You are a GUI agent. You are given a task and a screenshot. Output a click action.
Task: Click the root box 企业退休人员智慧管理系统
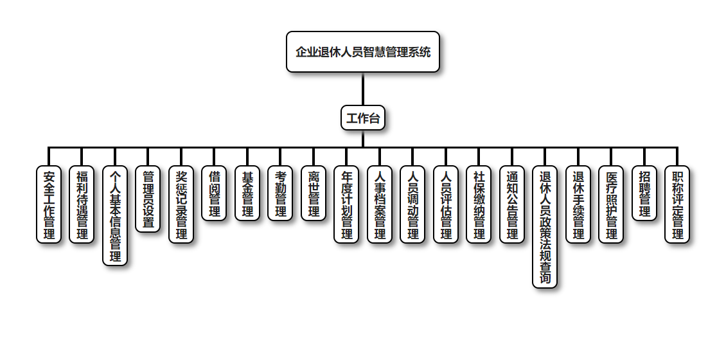pos(363,51)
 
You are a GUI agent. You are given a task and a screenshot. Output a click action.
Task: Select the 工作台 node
pos(363,118)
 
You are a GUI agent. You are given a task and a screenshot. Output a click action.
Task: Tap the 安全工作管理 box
pos(49,204)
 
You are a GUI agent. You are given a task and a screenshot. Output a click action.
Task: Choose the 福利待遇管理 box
pos(82,204)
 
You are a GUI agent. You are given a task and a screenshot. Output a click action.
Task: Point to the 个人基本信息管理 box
pos(115,215)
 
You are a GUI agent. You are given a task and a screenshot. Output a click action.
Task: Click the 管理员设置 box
pos(148,199)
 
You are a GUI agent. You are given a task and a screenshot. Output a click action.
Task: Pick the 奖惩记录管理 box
pos(181,204)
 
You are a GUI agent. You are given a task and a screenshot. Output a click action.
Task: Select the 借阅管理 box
pos(214,194)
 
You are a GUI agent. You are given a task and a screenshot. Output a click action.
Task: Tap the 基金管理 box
pos(247,194)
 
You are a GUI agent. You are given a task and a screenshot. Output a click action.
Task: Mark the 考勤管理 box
pos(280,194)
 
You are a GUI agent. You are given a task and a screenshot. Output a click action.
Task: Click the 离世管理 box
pos(314,194)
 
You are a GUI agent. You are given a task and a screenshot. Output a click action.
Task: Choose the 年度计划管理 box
pos(346,204)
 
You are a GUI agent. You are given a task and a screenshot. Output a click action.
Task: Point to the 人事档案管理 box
pos(380,204)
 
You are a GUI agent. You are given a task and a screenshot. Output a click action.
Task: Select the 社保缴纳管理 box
pos(479,204)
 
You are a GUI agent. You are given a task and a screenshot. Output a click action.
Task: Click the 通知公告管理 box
pos(512,204)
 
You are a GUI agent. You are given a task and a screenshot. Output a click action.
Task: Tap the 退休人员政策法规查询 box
pos(545,227)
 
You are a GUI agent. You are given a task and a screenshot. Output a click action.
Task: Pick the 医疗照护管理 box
pos(611,204)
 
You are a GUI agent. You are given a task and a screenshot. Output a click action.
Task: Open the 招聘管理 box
pos(644,194)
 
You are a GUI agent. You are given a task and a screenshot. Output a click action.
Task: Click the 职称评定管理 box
pos(677,204)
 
